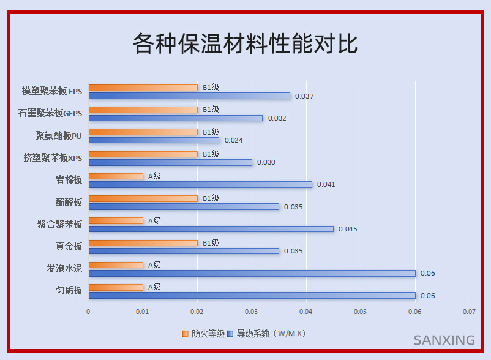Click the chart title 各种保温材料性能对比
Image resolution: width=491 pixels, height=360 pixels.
245,44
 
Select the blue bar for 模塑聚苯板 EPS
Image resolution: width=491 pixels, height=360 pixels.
189,96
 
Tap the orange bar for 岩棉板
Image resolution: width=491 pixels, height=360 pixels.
116,176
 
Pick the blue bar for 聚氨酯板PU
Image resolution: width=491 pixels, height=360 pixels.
154,140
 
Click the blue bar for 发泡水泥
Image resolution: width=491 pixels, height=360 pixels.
252,273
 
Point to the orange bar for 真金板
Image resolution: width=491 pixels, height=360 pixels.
143,243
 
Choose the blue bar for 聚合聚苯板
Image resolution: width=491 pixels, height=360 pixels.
211,229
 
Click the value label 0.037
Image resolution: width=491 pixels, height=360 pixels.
304,96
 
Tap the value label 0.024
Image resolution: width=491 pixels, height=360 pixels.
233,140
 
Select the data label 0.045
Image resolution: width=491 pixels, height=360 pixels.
348,229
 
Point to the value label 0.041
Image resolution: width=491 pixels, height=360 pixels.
326,185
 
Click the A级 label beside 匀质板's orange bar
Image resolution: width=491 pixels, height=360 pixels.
154,287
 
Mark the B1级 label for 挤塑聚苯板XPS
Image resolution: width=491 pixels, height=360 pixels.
211,154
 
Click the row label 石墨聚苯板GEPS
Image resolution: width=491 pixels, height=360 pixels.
50,113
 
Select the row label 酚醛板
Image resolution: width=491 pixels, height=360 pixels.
69,202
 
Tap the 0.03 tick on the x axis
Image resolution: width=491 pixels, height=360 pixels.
252,312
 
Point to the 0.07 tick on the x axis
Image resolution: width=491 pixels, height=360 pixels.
469,312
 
